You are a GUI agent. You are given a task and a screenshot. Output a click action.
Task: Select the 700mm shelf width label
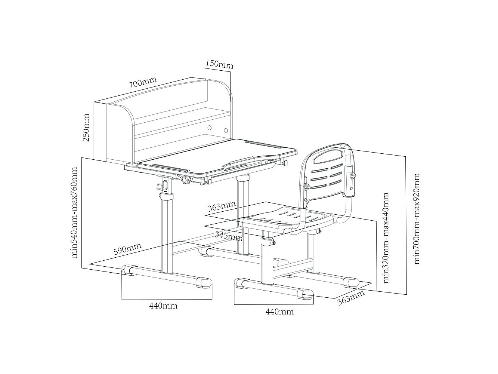point(143,83)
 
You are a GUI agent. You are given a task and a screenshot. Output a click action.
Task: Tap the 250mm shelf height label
point(86,128)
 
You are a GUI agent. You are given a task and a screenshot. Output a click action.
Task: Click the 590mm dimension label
point(127,249)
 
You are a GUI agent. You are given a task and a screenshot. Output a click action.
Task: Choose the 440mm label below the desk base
point(163,306)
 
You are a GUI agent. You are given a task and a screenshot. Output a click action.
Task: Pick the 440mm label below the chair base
point(279,312)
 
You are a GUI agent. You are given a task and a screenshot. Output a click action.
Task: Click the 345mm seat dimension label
point(229,236)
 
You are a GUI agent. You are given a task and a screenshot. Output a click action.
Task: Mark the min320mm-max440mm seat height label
point(386,237)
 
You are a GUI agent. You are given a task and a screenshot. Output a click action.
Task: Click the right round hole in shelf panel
point(226,131)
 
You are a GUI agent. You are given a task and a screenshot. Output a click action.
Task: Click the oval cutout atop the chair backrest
point(328,157)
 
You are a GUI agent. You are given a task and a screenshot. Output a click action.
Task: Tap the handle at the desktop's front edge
point(240,164)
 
